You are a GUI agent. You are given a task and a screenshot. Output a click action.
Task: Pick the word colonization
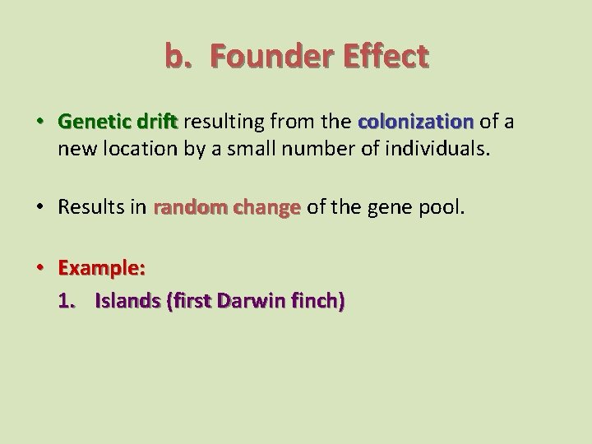coord(415,123)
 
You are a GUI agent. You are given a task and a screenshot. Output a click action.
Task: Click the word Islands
coord(127,300)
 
